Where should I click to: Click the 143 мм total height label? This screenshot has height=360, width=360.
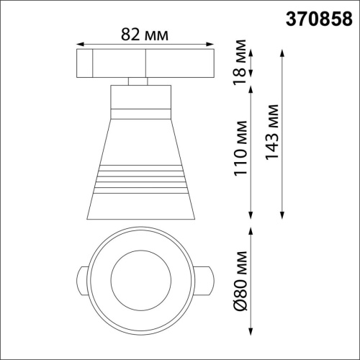tap(273, 134)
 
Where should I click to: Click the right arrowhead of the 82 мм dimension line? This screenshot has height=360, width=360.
tap(214, 42)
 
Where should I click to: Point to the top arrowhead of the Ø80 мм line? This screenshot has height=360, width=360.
tap(251, 231)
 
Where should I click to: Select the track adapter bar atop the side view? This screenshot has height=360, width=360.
tap(146, 63)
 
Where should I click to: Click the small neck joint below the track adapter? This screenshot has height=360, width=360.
tap(138, 81)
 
